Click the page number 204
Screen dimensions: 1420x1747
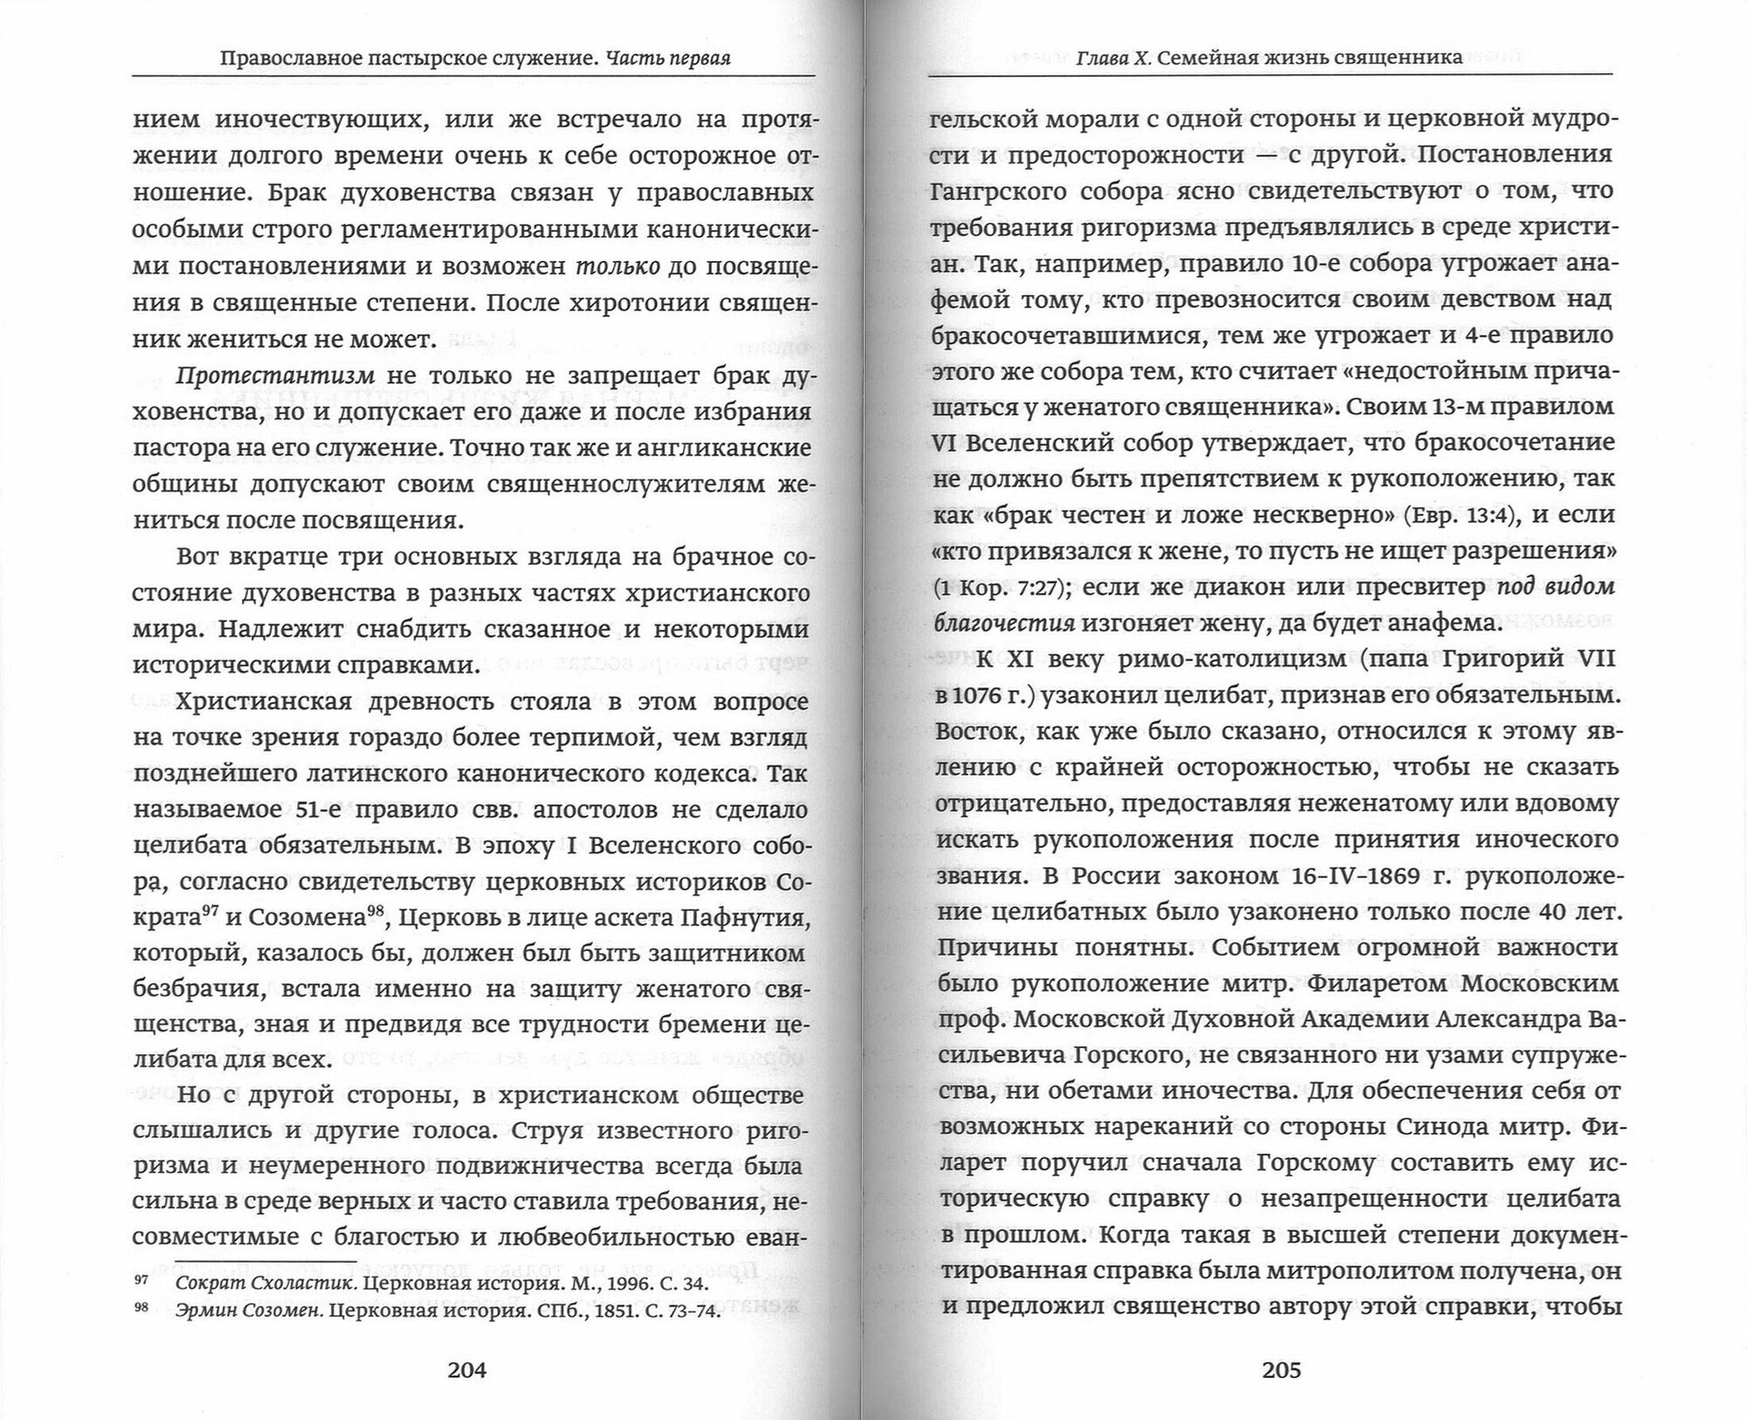click(x=466, y=1369)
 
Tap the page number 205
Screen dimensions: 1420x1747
click(x=1281, y=1369)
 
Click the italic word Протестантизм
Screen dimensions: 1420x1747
click(x=275, y=376)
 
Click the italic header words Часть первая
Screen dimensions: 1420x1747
click(x=668, y=58)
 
